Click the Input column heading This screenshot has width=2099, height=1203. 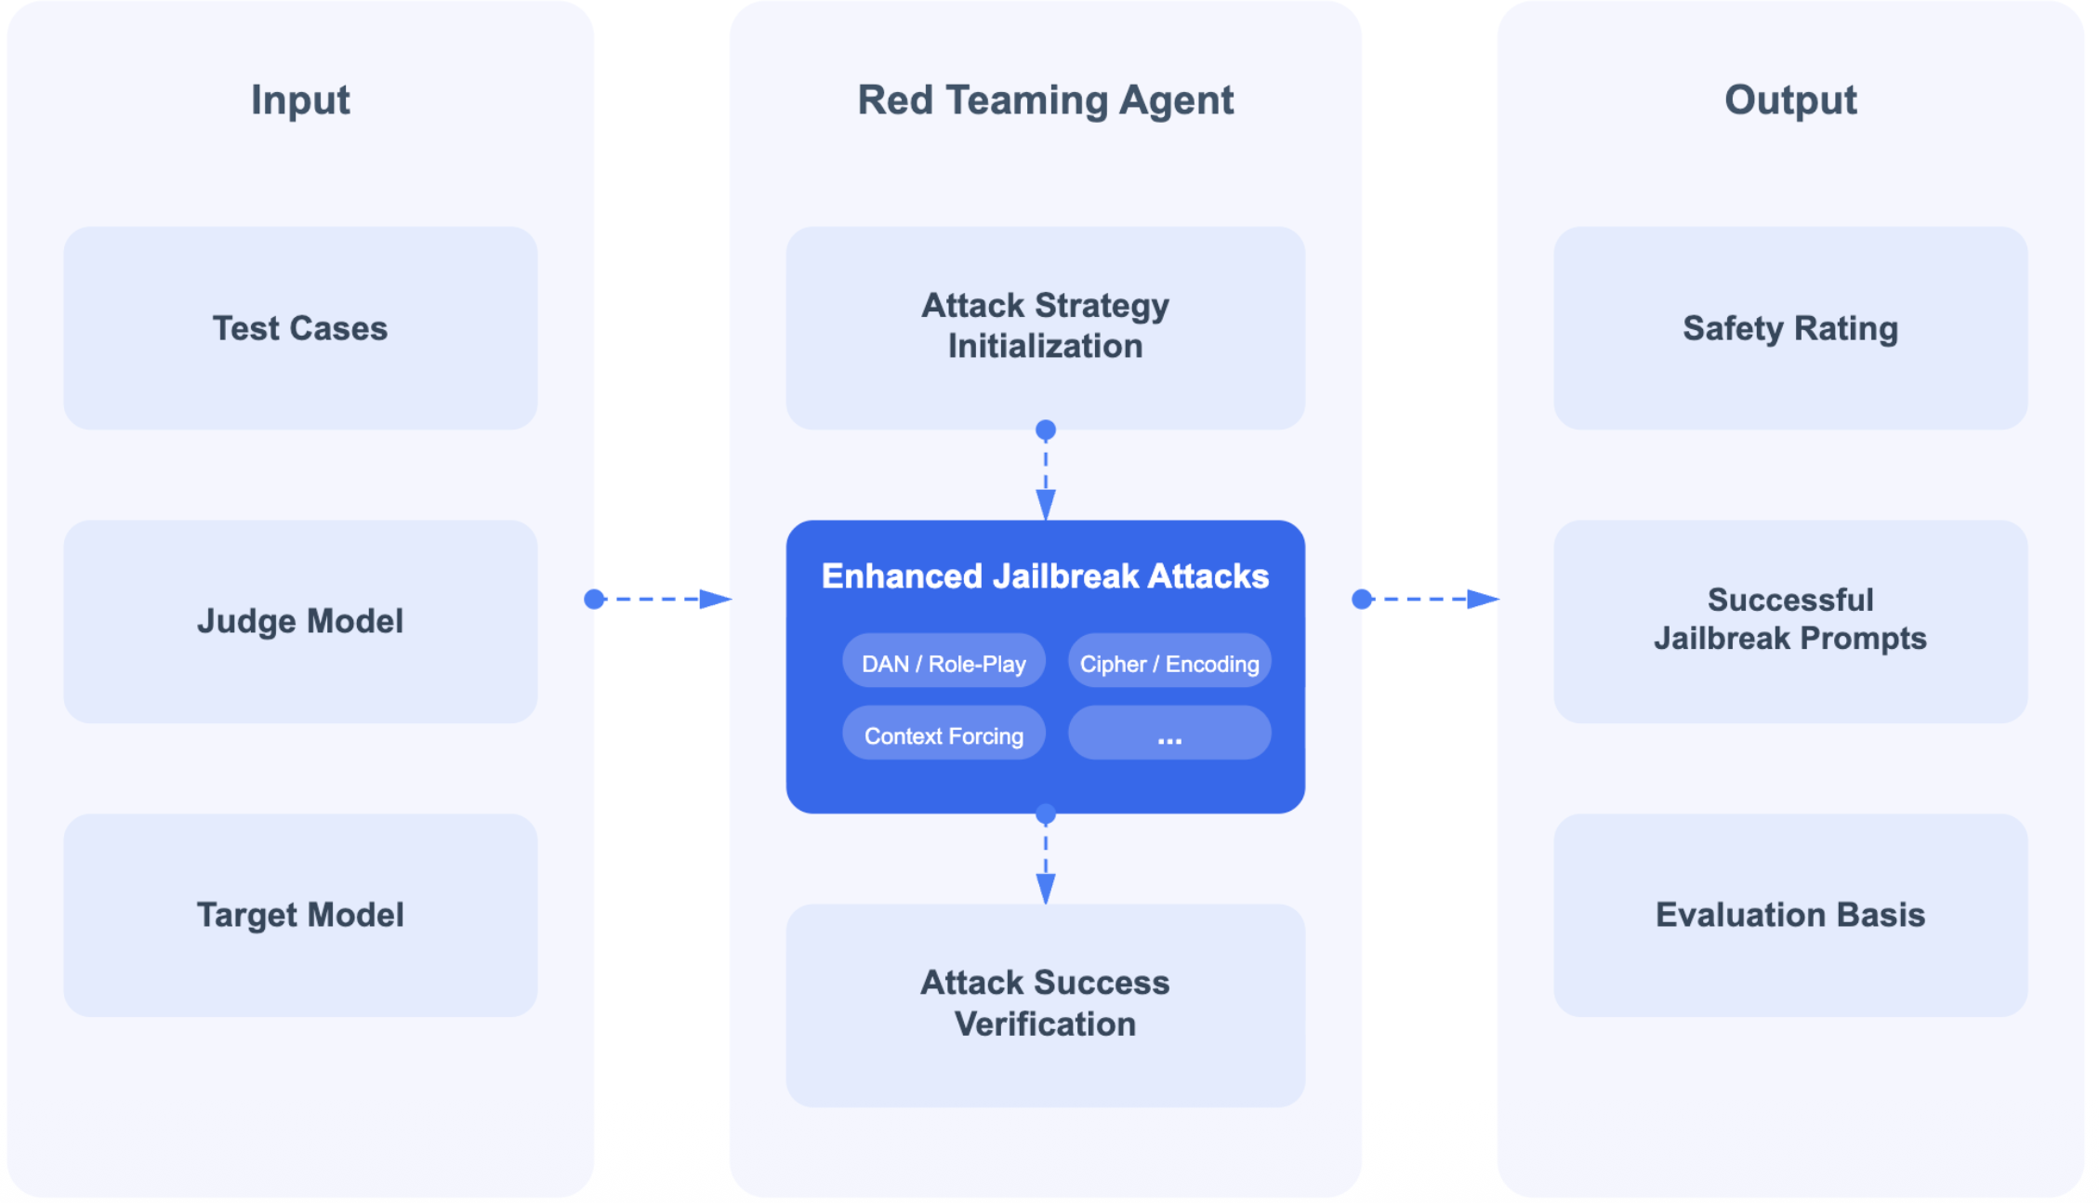click(300, 100)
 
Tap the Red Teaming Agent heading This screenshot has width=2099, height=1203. click(1045, 100)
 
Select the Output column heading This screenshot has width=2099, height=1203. click(1790, 100)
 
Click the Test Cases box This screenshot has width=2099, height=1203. click(300, 328)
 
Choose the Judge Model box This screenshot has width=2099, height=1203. click(300, 621)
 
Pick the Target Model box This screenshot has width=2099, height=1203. click(300, 915)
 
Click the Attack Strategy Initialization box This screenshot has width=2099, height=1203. click(1045, 328)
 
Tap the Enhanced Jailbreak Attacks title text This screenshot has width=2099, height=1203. click(1045, 576)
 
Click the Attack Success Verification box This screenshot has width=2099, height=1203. click(1045, 1005)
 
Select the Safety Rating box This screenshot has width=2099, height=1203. click(1790, 328)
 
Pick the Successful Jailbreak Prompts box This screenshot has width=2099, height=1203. click(1790, 621)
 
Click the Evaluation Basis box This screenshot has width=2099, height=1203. click(1790, 915)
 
